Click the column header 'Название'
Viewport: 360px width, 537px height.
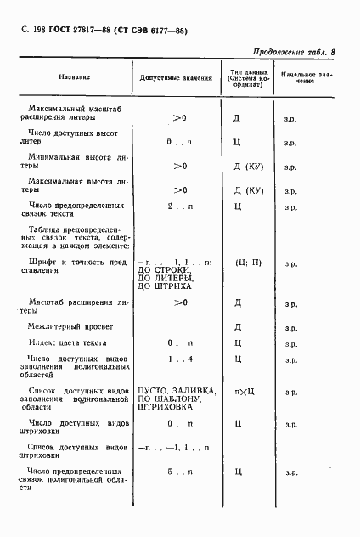75,77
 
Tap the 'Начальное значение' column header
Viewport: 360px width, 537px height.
305,77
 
